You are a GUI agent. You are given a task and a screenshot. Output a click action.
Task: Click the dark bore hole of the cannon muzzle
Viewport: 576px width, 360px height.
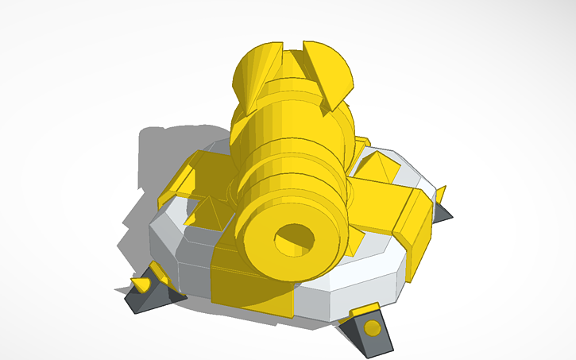pos(293,238)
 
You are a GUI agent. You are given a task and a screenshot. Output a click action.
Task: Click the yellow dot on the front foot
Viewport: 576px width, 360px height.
pos(371,327)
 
